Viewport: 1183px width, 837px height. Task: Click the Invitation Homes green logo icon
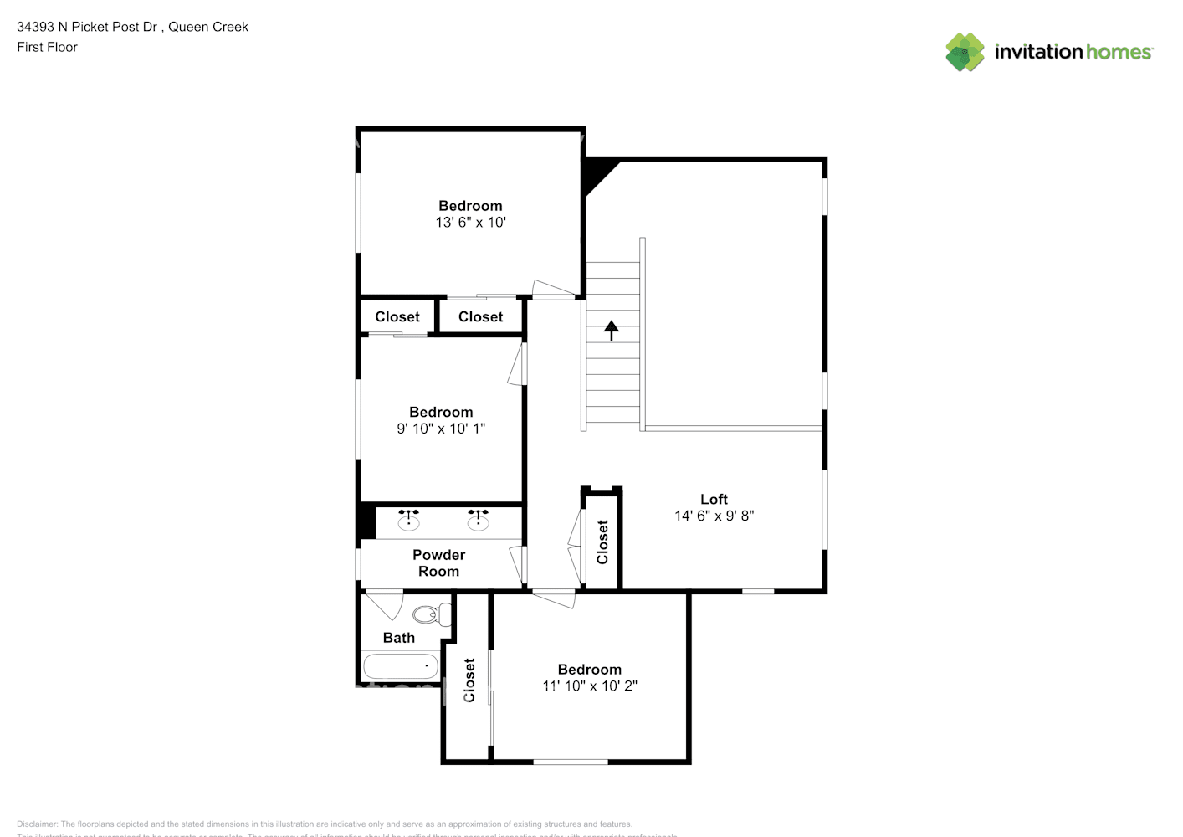965,52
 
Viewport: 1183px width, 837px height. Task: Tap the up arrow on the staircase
612,331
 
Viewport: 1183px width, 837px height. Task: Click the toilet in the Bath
430,615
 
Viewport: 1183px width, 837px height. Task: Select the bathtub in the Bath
401,667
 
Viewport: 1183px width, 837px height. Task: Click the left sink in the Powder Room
408,521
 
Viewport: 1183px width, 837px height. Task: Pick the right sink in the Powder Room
478,521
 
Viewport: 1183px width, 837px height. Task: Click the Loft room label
714,500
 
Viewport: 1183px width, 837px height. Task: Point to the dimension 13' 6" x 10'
470,223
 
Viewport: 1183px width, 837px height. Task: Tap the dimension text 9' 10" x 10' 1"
441,429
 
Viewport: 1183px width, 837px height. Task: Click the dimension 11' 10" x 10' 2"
589,686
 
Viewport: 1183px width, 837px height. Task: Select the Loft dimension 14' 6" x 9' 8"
714,516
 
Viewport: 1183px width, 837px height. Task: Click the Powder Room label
438,563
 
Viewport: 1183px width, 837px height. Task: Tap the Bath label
399,638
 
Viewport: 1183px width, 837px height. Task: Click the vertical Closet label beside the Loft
602,542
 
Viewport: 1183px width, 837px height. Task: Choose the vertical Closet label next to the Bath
469,680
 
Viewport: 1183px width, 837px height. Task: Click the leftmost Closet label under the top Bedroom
397,317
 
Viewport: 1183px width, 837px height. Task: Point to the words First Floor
47,48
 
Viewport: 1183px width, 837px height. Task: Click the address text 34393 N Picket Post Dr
88,27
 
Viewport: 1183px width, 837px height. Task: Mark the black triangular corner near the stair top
597,173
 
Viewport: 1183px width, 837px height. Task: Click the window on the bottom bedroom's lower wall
571,762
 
